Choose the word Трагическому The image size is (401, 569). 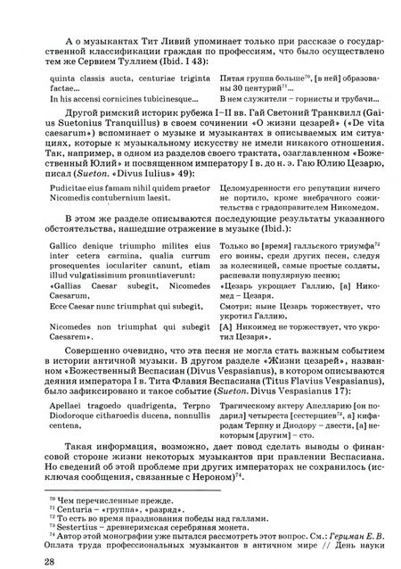pyautogui.click(x=248, y=394)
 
